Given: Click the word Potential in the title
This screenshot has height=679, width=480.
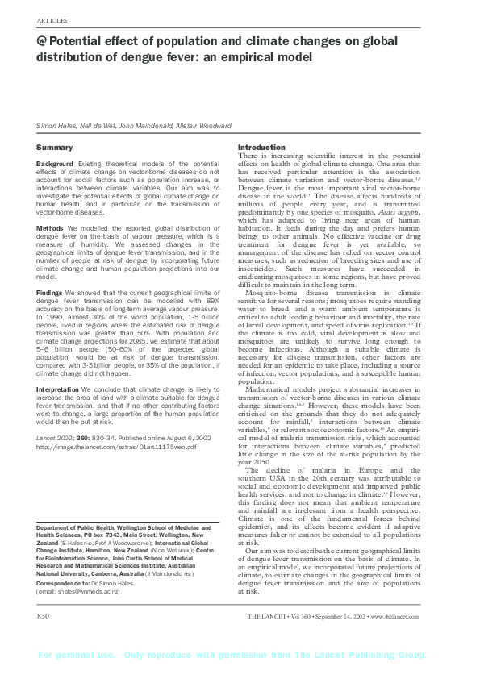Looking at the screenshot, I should (81, 41).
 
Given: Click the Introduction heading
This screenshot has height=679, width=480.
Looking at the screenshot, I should (261, 147).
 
